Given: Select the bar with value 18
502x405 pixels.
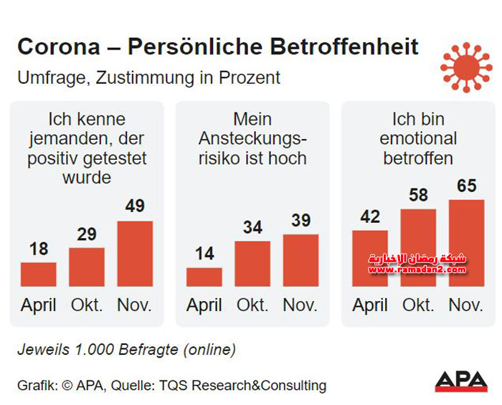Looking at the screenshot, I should pyautogui.click(x=39, y=274).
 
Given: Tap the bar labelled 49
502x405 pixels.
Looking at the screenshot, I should pyautogui.click(x=135, y=254).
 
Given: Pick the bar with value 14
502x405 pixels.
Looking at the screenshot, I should pyautogui.click(x=204, y=277).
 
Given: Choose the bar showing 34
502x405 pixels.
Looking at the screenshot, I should pyautogui.click(x=252, y=264).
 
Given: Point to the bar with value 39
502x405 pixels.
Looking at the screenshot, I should pyautogui.click(x=300, y=260).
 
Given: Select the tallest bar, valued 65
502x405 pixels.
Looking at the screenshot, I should pyautogui.click(x=466, y=243).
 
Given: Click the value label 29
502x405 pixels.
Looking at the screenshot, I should pyautogui.click(x=87, y=234).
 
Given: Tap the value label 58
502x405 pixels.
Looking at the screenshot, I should pyautogui.click(x=418, y=195).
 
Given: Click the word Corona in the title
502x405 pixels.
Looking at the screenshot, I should pyautogui.click(x=59, y=47).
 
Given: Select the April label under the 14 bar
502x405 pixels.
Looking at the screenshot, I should pyautogui.click(x=204, y=305).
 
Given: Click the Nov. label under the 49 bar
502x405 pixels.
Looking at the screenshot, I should pyautogui.click(x=135, y=305).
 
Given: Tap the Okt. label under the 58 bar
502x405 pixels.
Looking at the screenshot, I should pyautogui.click(x=418, y=305).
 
